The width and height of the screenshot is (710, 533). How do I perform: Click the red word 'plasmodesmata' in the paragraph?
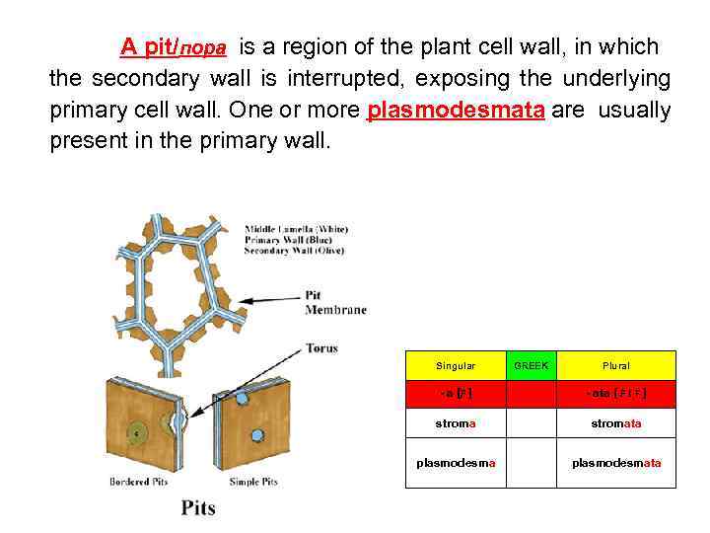[456, 110]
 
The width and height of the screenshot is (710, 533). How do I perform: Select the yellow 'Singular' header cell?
[456, 365]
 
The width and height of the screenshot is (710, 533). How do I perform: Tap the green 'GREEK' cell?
[532, 365]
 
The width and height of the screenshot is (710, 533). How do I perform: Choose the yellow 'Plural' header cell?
[618, 365]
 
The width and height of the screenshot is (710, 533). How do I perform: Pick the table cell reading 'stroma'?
[456, 423]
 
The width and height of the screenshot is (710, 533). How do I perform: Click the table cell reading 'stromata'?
[618, 423]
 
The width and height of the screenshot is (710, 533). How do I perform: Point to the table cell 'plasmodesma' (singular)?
[456, 463]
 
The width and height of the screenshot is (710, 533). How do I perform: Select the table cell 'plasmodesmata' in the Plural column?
[618, 463]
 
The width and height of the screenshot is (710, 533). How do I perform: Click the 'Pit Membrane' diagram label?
[335, 302]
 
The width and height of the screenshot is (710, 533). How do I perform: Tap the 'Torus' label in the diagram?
[322, 348]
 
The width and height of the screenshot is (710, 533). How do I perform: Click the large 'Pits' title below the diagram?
[198, 508]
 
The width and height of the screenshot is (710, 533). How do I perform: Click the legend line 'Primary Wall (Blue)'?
[297, 240]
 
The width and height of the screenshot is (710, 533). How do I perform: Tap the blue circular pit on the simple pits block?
[257, 435]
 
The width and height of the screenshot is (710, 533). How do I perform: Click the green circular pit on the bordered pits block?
[138, 432]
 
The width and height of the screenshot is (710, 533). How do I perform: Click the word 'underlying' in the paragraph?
[613, 78]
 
